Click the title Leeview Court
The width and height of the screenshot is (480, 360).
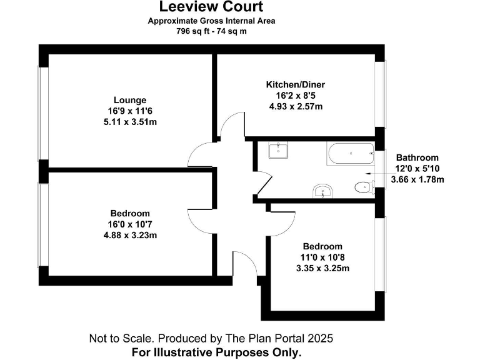point(211,7)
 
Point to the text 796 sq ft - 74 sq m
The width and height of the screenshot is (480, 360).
point(211,31)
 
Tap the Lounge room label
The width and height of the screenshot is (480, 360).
point(130,100)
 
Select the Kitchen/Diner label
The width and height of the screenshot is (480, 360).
point(295,84)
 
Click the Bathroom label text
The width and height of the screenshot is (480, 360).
point(417,158)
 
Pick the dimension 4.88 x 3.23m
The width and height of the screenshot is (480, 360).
point(130,236)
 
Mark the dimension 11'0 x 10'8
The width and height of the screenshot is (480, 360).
point(322,257)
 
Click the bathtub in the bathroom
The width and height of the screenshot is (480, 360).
point(349,154)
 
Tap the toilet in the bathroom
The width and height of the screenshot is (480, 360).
point(362,187)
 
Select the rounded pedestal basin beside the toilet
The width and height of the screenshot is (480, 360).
point(322,191)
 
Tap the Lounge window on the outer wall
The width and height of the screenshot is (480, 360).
point(42,112)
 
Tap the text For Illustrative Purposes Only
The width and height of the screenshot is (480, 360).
point(216,352)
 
